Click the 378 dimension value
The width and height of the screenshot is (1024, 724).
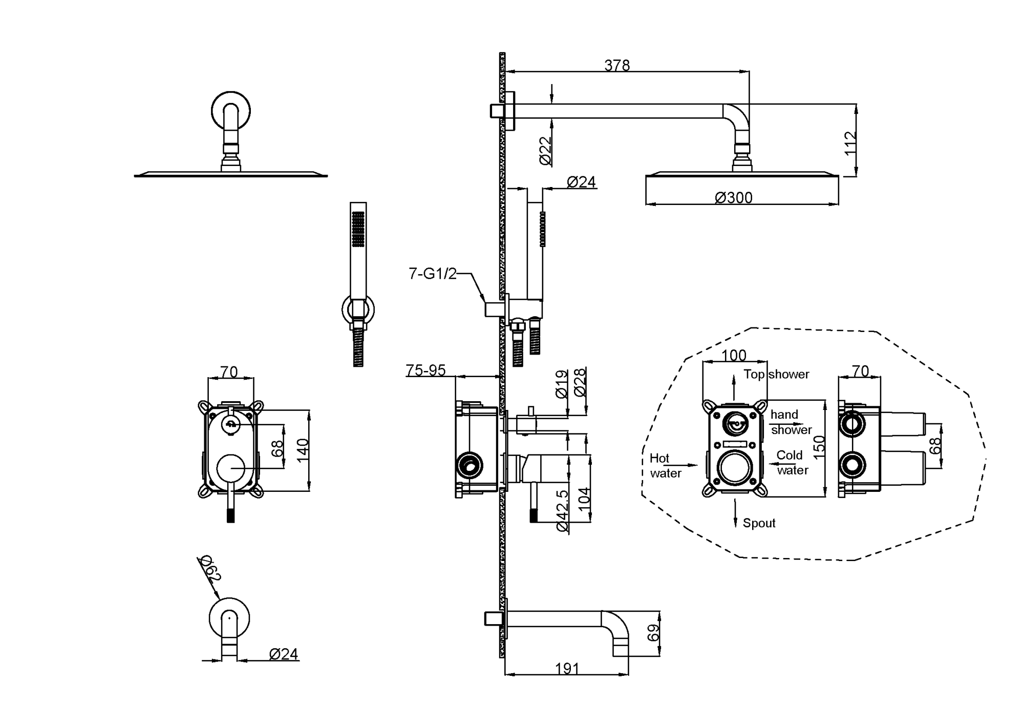click(617, 66)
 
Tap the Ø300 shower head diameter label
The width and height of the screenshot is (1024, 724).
click(734, 198)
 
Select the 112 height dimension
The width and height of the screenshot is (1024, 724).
click(850, 144)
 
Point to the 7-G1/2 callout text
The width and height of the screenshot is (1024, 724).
click(432, 274)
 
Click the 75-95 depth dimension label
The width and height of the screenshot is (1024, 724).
click(425, 370)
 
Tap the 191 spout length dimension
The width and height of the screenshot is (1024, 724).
click(567, 669)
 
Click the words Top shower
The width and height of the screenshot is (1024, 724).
click(776, 375)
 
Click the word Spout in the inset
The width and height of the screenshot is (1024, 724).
click(759, 523)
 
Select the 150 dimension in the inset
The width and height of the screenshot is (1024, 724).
click(819, 447)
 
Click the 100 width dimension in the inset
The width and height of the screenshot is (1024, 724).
click(734, 355)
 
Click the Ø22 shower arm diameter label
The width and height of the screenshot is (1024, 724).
click(546, 151)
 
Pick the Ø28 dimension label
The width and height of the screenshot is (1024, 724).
click(580, 382)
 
